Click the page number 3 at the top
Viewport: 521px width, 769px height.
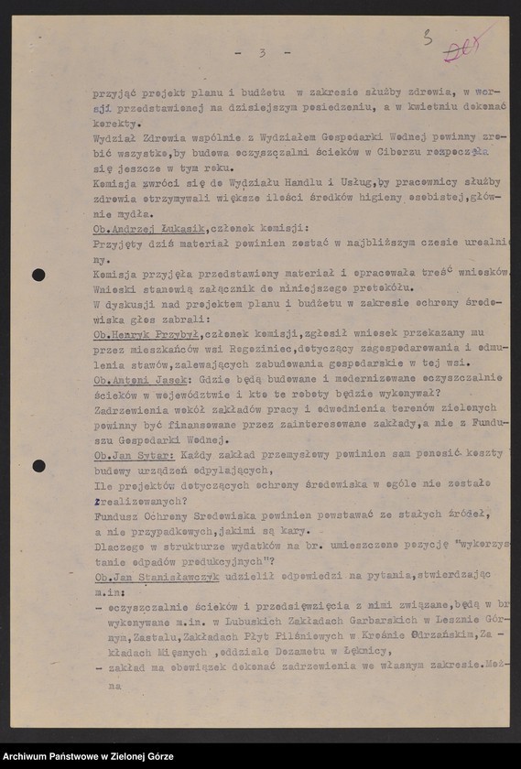point(262,52)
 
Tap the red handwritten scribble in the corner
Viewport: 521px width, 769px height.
point(463,46)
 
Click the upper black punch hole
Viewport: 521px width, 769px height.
point(38,275)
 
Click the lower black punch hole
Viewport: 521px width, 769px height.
point(38,466)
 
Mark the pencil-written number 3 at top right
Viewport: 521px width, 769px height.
point(426,38)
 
